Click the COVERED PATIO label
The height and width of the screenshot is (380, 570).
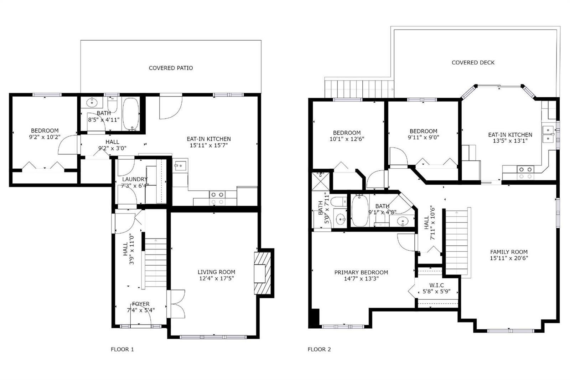(x=171, y=68)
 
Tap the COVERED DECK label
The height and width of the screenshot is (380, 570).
(x=473, y=62)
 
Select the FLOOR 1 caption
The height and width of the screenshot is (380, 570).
(x=122, y=349)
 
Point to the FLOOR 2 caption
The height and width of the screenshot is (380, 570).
(x=319, y=349)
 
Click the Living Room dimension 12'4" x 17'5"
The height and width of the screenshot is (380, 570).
(x=216, y=278)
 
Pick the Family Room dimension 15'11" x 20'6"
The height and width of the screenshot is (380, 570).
(x=509, y=258)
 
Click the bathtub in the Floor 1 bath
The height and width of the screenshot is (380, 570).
(x=131, y=114)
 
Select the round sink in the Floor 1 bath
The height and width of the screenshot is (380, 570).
(x=92, y=102)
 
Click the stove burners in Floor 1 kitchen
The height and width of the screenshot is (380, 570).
(x=217, y=198)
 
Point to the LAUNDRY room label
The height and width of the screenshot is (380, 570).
(x=135, y=179)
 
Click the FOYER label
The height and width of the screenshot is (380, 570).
(x=141, y=304)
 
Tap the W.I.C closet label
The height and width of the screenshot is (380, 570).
(x=437, y=285)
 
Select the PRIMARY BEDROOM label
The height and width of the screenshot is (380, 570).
(x=361, y=272)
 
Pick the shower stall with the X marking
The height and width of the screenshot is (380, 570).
(x=320, y=181)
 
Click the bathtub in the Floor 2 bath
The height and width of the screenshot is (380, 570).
(x=360, y=210)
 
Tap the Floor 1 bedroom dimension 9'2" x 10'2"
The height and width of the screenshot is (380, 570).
(x=45, y=137)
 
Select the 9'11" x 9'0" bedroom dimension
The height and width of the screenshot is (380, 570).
(x=424, y=137)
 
